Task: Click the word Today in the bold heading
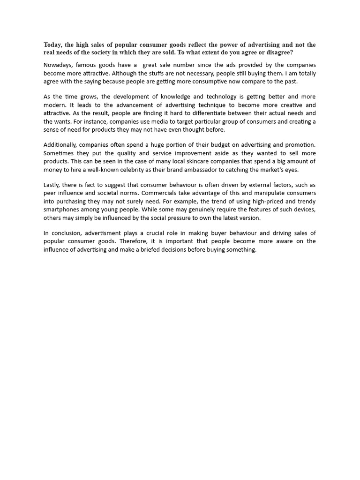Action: (x=53, y=45)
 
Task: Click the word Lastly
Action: (x=52, y=185)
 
